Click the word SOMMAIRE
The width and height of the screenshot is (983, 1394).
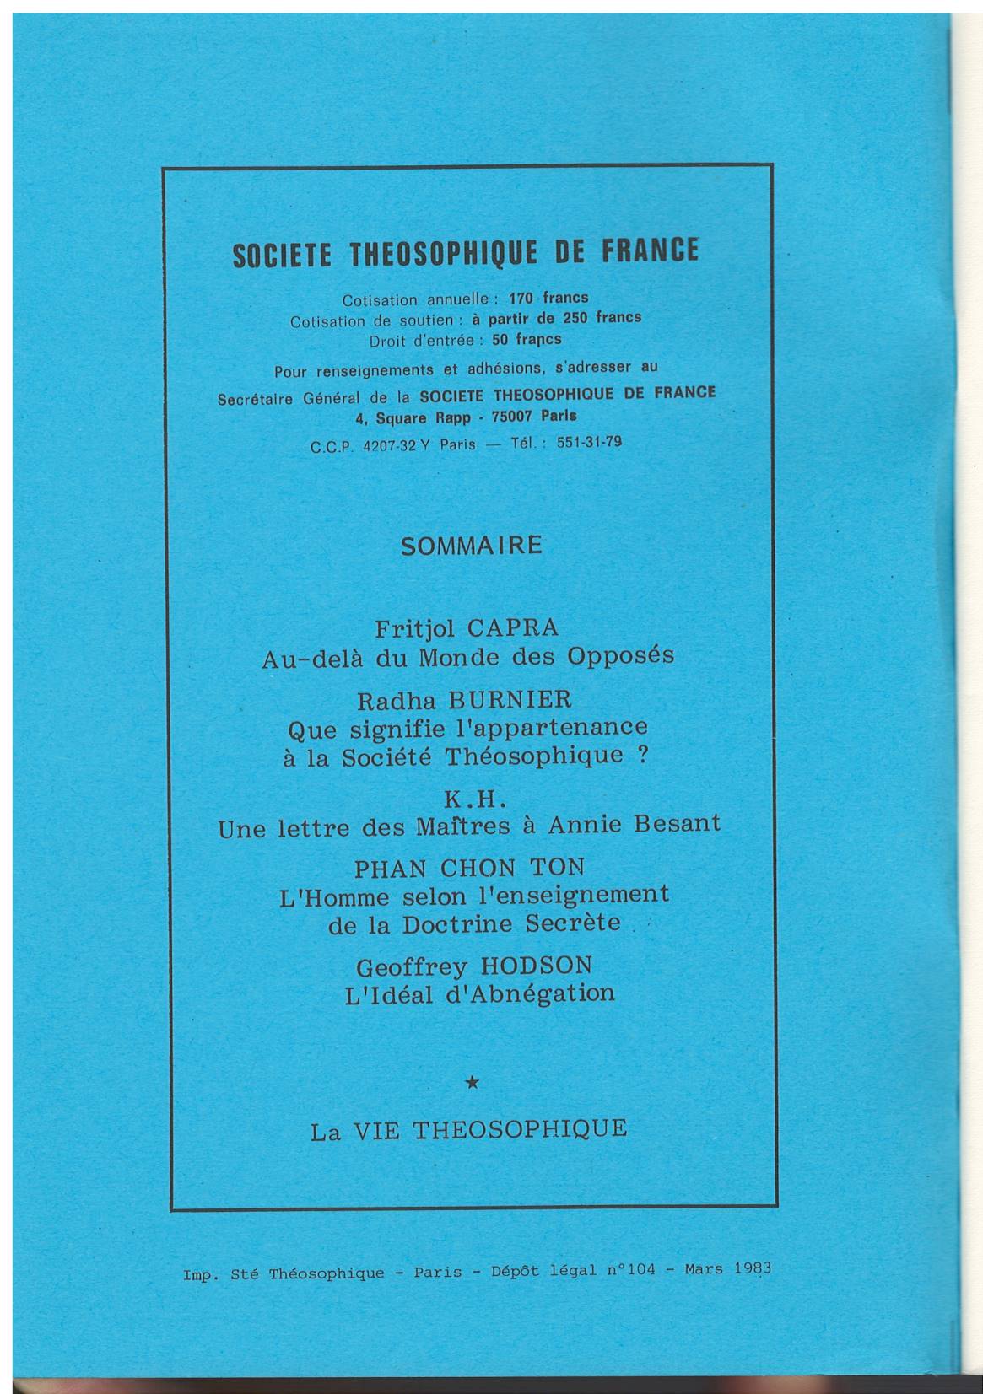click(x=471, y=546)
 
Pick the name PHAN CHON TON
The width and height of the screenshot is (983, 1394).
click(x=469, y=868)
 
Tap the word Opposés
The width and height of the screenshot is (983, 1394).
click(x=622, y=656)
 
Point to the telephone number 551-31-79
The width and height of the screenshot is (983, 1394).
click(x=590, y=442)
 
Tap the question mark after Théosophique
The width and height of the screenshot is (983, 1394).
click(x=643, y=756)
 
